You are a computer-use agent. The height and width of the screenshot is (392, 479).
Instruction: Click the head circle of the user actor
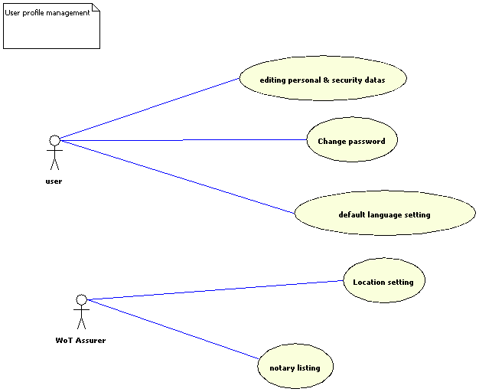54,140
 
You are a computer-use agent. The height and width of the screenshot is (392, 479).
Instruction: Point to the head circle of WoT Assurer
82,299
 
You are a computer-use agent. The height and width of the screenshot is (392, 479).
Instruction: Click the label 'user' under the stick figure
54,181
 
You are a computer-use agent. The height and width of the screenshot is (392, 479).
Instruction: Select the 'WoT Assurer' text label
80,340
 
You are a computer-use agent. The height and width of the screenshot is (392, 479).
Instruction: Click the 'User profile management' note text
47,13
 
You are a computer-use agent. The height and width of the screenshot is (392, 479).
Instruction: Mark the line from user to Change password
184,140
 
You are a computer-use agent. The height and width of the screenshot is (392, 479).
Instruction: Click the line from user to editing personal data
149,109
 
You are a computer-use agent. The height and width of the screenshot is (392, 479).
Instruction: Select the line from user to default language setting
176,177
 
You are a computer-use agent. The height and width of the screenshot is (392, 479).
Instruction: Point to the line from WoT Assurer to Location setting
214,290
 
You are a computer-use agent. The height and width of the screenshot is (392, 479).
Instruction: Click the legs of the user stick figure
54,164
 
